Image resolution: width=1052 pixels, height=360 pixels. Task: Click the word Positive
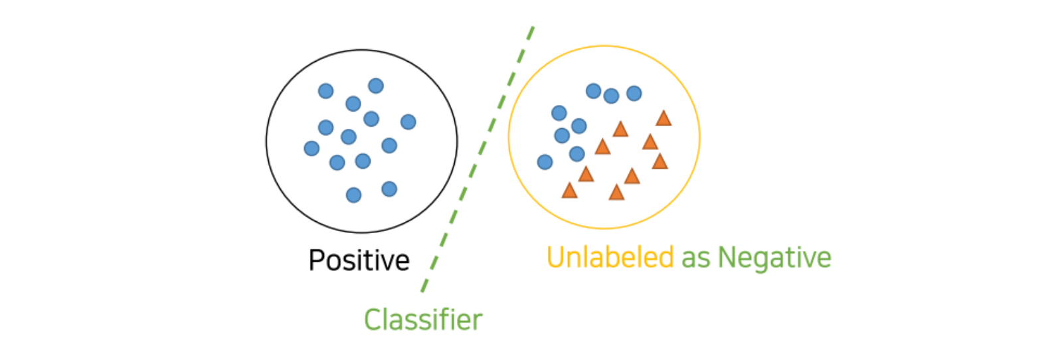pos(359,260)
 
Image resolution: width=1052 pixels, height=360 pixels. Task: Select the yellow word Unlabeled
pos(610,258)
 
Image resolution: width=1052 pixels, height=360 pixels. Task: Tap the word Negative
pos(774,258)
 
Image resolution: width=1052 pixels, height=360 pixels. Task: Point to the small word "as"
pos(696,259)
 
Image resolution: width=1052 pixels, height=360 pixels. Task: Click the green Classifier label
pos(423,319)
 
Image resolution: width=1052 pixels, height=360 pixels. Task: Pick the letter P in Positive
pos(317,260)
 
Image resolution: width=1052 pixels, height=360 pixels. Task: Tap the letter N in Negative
pos(727,257)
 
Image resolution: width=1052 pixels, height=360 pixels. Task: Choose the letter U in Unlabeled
pos(556,258)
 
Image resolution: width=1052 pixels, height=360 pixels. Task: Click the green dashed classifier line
pos(477,159)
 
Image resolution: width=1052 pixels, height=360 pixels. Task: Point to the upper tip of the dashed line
pos(532,29)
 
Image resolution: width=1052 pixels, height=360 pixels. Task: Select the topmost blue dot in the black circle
pos(376,86)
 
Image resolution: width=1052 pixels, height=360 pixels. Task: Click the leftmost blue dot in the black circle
pos(311,148)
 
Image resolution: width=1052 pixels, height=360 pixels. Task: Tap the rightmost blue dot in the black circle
pos(408,122)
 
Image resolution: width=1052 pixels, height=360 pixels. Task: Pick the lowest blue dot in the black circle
pos(354,195)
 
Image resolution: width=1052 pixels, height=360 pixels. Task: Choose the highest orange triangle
pos(663,119)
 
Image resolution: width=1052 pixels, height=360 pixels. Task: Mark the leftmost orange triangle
pos(569,191)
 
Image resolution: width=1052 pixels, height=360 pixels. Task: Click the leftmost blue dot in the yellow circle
pos(545,162)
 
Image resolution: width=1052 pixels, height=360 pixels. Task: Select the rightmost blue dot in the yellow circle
pos(634,93)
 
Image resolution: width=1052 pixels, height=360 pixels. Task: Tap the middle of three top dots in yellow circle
pos(612,96)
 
